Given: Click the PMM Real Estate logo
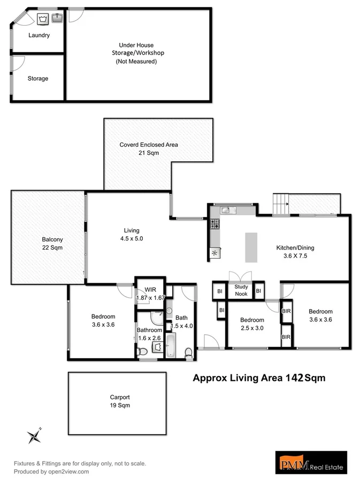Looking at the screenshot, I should pos(311,462).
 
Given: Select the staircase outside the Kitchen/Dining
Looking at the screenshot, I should pos(281,204).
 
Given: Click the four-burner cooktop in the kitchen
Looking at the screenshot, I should pos(214,224).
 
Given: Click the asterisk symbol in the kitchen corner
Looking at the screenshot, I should pos(215,253).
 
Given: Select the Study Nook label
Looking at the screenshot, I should pos(241,290).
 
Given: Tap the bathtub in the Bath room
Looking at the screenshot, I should pos(171,345).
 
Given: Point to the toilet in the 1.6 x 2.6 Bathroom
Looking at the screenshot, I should pos(142,352).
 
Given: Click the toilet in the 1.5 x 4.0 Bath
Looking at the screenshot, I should pos(188,352).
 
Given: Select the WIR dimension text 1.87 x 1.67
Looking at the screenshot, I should pos(150,298).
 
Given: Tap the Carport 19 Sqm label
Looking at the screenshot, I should pos(120,401).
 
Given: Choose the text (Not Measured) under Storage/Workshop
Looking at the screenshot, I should pos(136,62).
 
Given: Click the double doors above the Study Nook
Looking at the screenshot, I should pos(239,277).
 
